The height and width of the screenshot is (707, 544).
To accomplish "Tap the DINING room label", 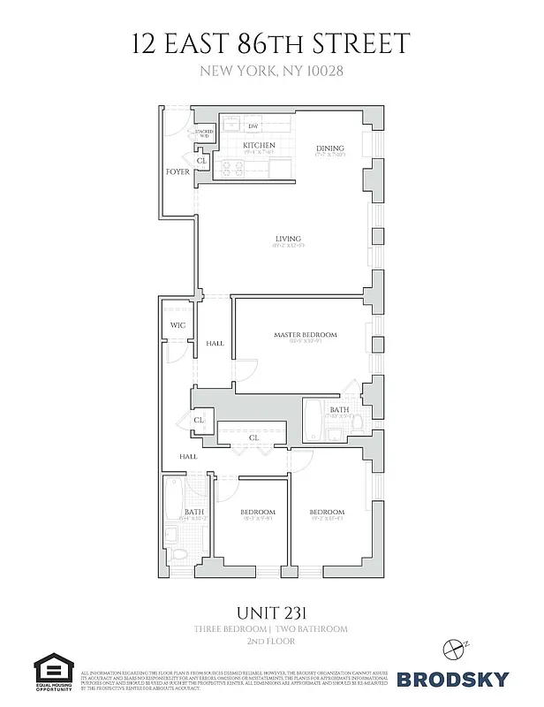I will [x=330, y=148].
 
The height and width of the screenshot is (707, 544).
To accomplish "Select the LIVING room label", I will [x=288, y=239].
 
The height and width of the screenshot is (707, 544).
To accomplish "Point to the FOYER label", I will [x=178, y=171].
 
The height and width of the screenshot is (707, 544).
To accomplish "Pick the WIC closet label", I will [x=176, y=325].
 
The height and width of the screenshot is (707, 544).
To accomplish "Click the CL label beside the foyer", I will [x=201, y=161].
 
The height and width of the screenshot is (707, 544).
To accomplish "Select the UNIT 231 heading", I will [x=271, y=612].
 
